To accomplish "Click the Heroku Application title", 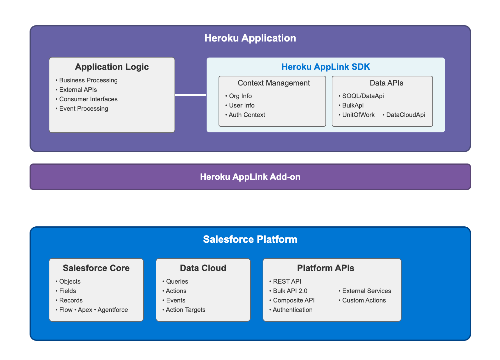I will pyautogui.click(x=250, y=38).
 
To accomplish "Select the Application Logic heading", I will pyautogui.click(x=112, y=67).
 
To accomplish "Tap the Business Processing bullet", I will pyautogui.click(x=88, y=80).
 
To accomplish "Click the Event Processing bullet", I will pyautogui.click(x=83, y=108).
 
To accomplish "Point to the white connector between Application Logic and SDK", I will pyautogui.click(x=190, y=95).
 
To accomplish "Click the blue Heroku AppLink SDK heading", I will pyautogui.click(x=325, y=67).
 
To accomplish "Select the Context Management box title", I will pyautogui.click(x=274, y=83).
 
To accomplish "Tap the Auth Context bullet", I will pyautogui.click(x=247, y=115).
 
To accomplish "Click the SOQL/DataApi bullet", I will pyautogui.click(x=363, y=96).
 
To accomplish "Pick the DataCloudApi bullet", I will pyautogui.click(x=405, y=115).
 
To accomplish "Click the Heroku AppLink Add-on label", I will pyautogui.click(x=250, y=177).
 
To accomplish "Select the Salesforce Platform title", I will pyautogui.click(x=250, y=239).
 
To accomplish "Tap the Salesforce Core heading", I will pyautogui.click(x=96, y=268).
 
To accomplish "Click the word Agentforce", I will pyautogui.click(x=113, y=310).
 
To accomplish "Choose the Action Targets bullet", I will pyautogui.click(x=185, y=310).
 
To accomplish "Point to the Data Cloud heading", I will pyautogui.click(x=203, y=268).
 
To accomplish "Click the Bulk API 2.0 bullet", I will pyautogui.click(x=290, y=291).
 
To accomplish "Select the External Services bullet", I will pyautogui.click(x=366, y=291).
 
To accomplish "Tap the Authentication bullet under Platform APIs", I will pyautogui.click(x=292, y=310).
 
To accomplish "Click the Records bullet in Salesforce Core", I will pyautogui.click(x=71, y=300).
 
